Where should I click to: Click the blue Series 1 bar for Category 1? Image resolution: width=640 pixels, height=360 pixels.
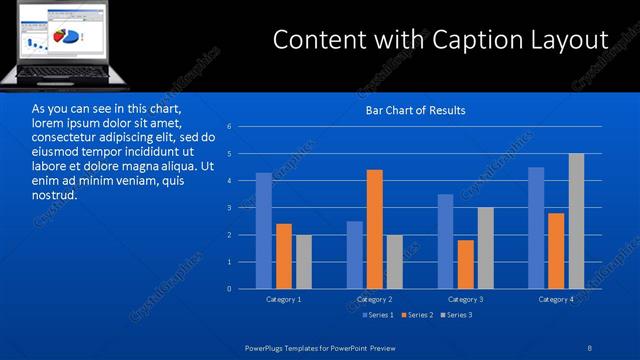(x=263, y=231)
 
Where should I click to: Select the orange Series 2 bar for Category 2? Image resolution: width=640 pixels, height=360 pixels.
(x=375, y=229)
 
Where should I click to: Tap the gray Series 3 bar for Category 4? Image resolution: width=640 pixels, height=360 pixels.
(x=577, y=221)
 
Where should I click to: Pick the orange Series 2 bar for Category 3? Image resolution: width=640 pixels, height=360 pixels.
(x=466, y=264)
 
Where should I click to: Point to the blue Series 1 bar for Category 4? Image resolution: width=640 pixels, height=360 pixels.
(x=536, y=228)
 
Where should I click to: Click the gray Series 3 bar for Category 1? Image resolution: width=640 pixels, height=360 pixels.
(x=303, y=262)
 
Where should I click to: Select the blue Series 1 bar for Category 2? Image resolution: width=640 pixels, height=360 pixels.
(x=355, y=255)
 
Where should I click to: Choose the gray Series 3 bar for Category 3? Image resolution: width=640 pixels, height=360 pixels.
(x=486, y=248)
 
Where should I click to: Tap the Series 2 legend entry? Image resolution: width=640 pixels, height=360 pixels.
(x=418, y=315)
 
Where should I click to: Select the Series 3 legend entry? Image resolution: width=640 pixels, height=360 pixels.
(x=457, y=315)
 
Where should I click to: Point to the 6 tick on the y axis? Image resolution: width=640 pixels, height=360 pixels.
(x=229, y=127)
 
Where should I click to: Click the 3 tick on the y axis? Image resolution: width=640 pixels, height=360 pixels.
(x=229, y=208)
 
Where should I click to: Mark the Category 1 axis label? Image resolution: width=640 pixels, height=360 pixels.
(x=284, y=299)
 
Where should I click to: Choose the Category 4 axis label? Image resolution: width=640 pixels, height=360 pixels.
(x=556, y=299)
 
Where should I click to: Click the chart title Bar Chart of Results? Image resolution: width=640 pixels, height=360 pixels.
(x=416, y=110)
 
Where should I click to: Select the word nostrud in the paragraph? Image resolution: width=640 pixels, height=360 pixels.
(x=54, y=194)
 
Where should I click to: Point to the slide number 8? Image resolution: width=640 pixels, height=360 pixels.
(x=590, y=346)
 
